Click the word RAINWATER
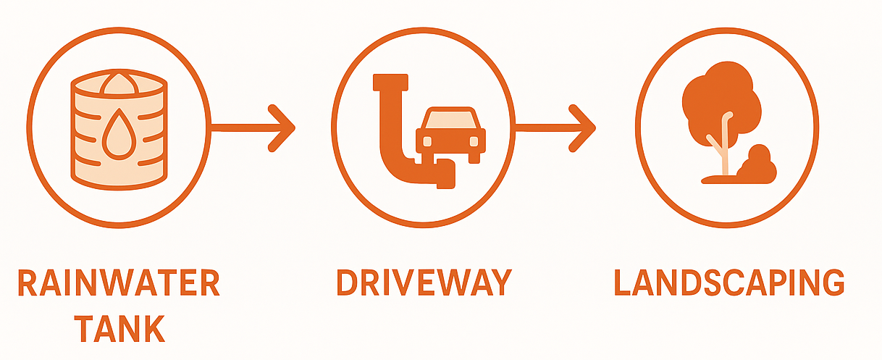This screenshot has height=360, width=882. point(118,283)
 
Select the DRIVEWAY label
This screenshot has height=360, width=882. point(424,282)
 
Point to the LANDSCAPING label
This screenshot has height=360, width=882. point(728,282)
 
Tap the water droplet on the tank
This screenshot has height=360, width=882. point(117,135)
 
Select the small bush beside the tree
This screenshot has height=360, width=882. point(758,164)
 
